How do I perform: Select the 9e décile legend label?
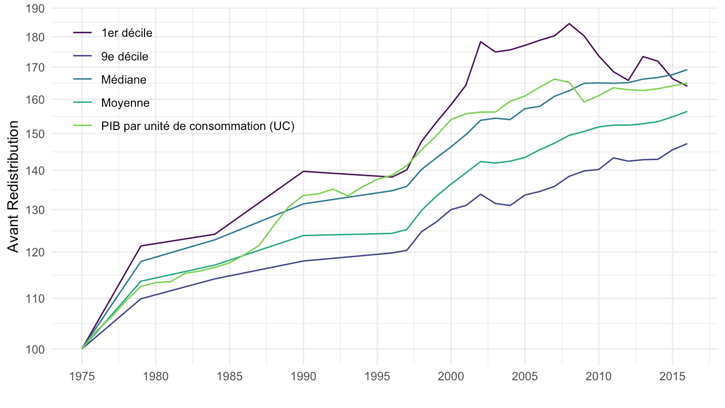coord(125,56)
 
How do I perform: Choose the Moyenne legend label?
coord(125,103)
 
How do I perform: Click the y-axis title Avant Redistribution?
coord(14,186)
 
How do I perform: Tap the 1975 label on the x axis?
coord(82,377)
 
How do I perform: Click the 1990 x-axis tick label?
coord(303,377)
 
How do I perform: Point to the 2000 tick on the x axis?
coord(451,377)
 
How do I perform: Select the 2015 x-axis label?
coord(672,377)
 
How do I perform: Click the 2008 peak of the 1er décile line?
coord(569,24)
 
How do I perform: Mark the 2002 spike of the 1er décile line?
coord(480,42)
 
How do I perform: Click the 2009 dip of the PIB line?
coord(584,102)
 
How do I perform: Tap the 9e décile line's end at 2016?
coord(687,144)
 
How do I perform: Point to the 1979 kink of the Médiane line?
coord(140,261)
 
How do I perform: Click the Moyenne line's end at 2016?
coord(687,111)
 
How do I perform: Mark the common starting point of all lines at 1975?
coord(82,349)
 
